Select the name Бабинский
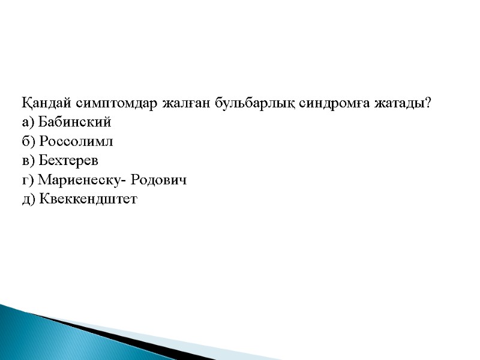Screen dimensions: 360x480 coord(74,122)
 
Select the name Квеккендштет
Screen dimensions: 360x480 coord(88,199)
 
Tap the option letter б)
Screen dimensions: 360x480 coord(28,142)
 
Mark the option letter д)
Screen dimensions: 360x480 coord(28,199)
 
